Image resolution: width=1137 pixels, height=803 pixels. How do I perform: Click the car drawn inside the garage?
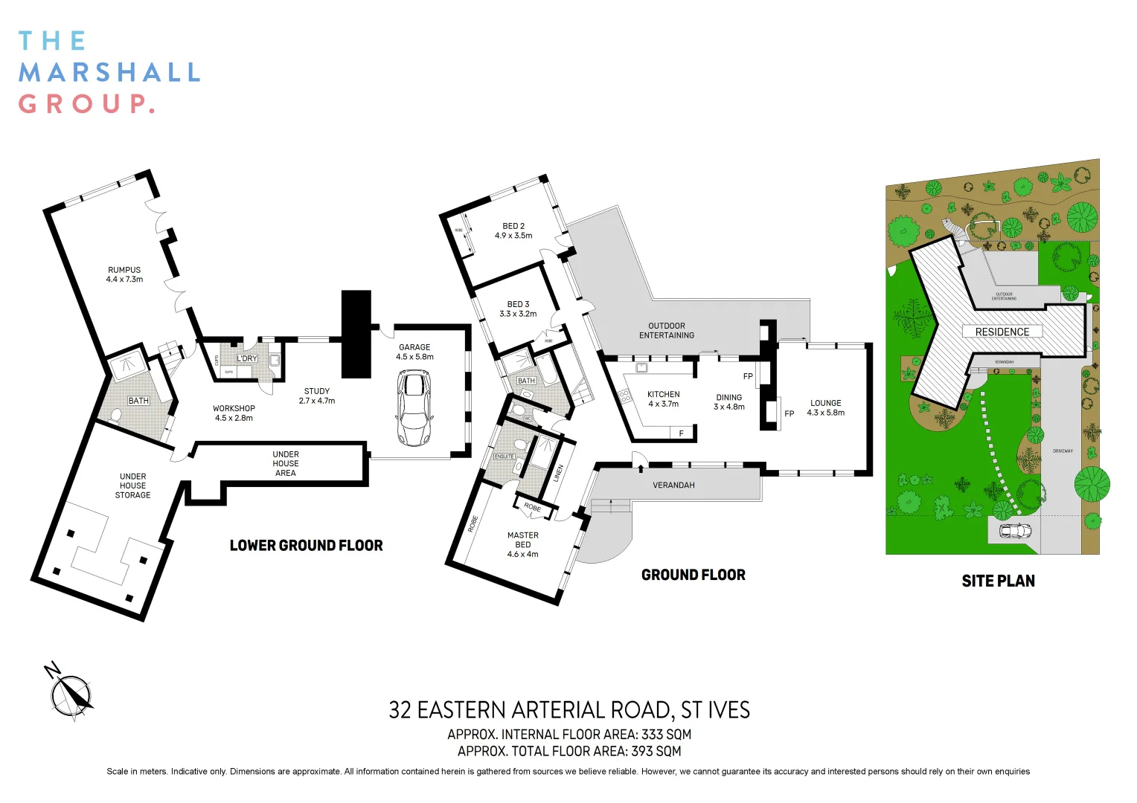click(x=414, y=408)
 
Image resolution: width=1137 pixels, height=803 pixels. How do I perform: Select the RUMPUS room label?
click(x=124, y=274)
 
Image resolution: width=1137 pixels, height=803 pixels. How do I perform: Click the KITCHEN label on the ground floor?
click(x=663, y=399)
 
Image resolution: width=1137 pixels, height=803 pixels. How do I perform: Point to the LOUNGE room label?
click(x=825, y=407)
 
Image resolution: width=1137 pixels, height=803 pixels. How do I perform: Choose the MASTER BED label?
click(x=522, y=544)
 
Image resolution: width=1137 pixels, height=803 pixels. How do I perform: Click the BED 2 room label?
click(x=513, y=230)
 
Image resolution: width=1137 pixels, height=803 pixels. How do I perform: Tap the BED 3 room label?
click(x=518, y=309)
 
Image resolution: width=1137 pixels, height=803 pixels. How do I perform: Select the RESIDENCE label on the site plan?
click(x=1002, y=332)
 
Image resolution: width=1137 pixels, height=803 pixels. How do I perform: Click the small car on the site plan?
click(x=1015, y=531)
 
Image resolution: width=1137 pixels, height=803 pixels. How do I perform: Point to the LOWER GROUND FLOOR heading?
click(x=306, y=546)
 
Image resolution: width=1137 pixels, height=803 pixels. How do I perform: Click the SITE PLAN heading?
click(x=998, y=581)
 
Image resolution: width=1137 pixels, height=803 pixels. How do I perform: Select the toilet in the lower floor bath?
click(x=115, y=416)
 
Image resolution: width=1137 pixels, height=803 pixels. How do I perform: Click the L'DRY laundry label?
click(x=246, y=358)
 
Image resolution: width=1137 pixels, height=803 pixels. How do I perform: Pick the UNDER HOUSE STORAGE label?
click(x=132, y=486)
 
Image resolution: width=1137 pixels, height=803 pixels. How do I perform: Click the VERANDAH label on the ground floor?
click(x=673, y=485)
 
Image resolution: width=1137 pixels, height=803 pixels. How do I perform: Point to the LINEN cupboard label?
click(x=558, y=474)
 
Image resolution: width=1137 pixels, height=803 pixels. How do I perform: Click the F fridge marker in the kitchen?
click(x=681, y=433)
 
